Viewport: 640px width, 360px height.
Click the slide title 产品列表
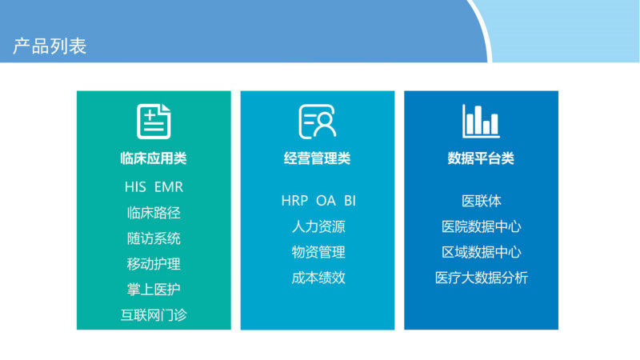(50, 46)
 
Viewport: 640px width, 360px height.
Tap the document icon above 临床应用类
(154, 122)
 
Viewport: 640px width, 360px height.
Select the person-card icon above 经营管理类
(318, 122)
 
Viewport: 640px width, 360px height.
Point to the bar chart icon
(481, 121)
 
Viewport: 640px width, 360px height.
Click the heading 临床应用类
(154, 158)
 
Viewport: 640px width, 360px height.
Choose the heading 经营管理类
(317, 158)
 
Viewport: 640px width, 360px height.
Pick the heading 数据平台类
(481, 158)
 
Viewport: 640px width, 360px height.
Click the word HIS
(135, 187)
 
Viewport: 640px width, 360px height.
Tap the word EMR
(169, 187)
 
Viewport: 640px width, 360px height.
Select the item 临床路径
(154, 213)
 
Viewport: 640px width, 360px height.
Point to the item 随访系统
(154, 238)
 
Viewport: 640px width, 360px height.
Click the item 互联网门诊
(154, 315)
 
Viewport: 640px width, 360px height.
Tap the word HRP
(294, 201)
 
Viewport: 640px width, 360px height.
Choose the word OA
(326, 201)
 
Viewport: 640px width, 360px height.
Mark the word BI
(350, 201)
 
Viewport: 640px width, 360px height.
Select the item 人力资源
(318, 226)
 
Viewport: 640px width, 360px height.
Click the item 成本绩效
(318, 278)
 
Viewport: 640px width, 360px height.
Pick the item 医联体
(482, 201)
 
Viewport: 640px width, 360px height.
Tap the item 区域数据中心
(482, 252)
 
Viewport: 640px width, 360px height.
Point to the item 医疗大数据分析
(482, 278)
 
